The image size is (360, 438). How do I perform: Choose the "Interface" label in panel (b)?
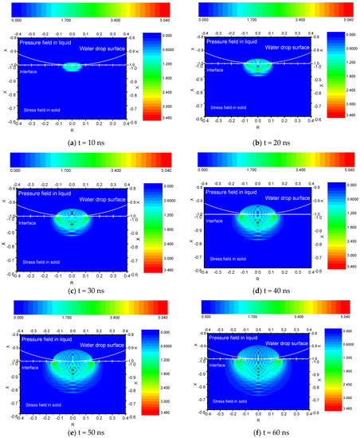[213, 71]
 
